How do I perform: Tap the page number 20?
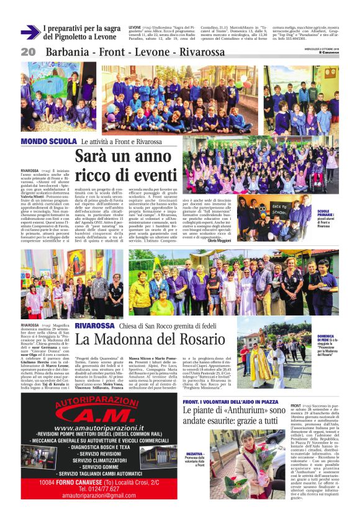click(x=28, y=52)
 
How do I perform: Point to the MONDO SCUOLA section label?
click(x=40, y=142)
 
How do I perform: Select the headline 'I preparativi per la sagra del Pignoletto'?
click(x=82, y=33)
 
